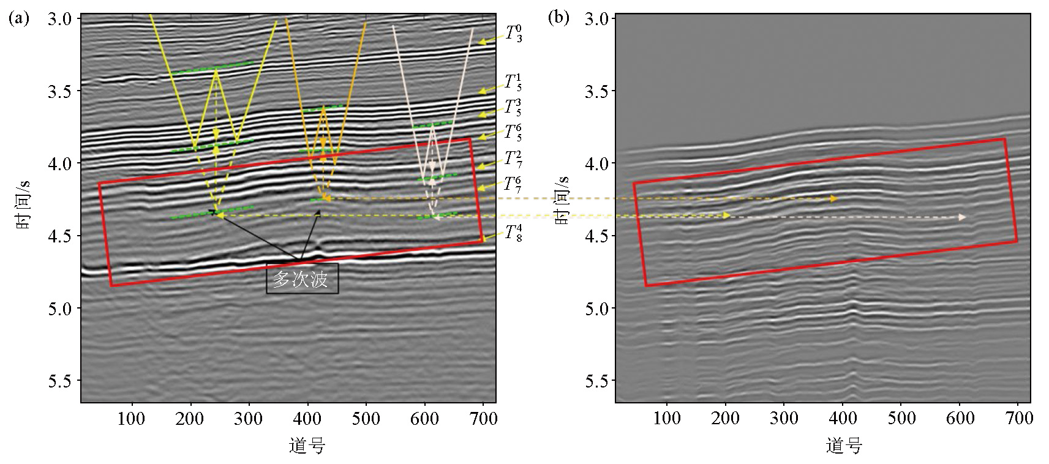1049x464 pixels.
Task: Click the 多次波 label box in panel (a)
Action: (x=302, y=279)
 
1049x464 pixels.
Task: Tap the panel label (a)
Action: (x=19, y=18)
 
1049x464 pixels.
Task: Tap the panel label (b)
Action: (x=558, y=18)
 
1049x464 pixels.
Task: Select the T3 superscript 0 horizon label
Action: (x=513, y=33)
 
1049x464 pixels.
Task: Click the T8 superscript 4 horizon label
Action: (x=513, y=233)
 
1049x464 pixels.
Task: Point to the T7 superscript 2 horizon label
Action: (x=513, y=159)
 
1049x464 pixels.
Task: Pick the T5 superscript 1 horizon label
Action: (x=513, y=83)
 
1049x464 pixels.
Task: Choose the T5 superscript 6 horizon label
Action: (x=513, y=132)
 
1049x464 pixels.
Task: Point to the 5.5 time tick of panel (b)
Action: (x=596, y=381)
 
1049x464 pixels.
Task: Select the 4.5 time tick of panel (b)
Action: (x=596, y=236)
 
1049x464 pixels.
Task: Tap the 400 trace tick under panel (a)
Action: (x=307, y=419)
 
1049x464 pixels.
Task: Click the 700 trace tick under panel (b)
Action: (x=1018, y=419)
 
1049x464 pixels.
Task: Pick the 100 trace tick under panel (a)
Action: (x=131, y=419)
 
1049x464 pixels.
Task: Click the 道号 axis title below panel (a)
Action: (x=307, y=445)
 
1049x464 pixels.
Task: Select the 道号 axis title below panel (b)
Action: (x=844, y=445)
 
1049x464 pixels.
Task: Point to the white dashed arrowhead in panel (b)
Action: (x=962, y=217)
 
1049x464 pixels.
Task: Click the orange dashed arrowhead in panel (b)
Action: (x=833, y=199)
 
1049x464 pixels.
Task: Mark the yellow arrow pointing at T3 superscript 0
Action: (x=488, y=41)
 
